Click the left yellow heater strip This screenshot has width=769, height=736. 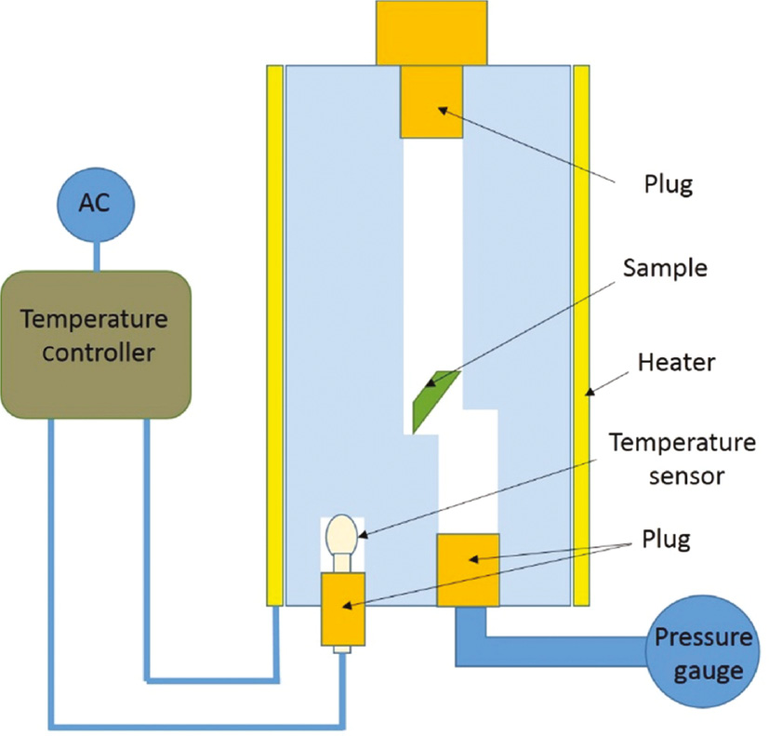274,335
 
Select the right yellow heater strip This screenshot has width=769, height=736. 582,335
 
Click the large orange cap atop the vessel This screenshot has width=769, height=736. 431,33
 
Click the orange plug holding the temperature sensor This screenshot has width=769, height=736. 343,609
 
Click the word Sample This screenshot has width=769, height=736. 665,270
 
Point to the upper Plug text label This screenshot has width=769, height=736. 668,183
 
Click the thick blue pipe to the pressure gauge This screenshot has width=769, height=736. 558,649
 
